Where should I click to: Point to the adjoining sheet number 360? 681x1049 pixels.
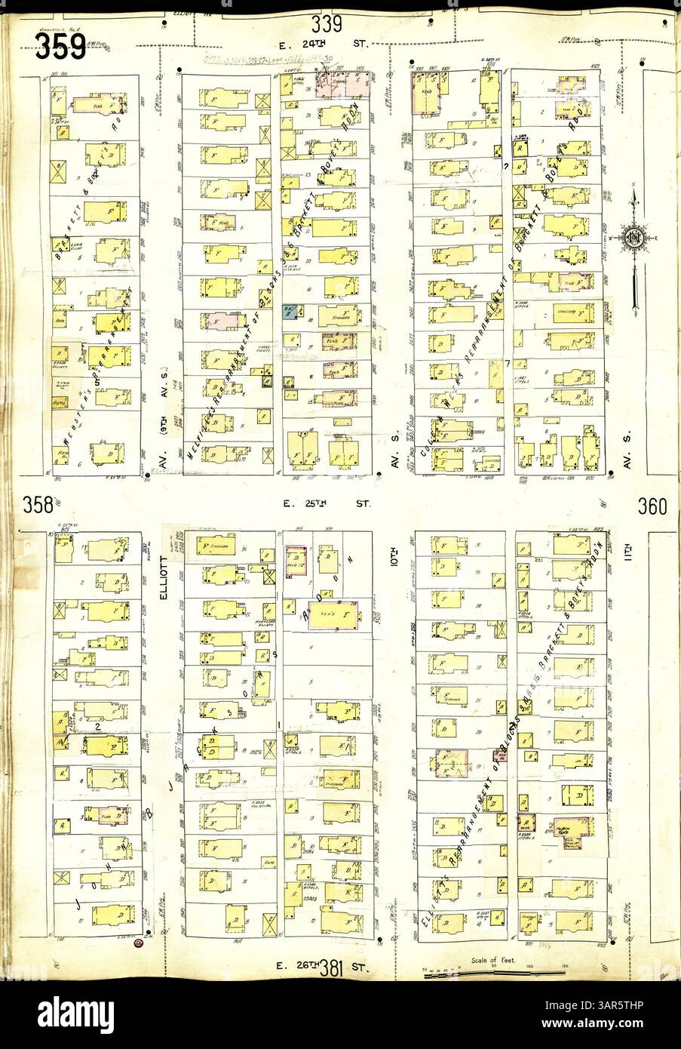click(x=652, y=506)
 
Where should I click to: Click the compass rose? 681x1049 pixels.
click(x=632, y=240)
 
